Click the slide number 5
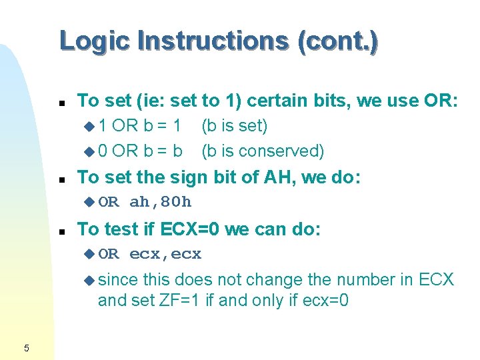[x=26, y=347]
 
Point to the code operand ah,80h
[x=160, y=202]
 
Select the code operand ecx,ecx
[x=165, y=254]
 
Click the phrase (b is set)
[x=235, y=126]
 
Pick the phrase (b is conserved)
[x=263, y=151]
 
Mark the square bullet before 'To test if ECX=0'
[x=61, y=231]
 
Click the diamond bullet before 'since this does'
[x=90, y=280]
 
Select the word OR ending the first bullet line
[x=441, y=101]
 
